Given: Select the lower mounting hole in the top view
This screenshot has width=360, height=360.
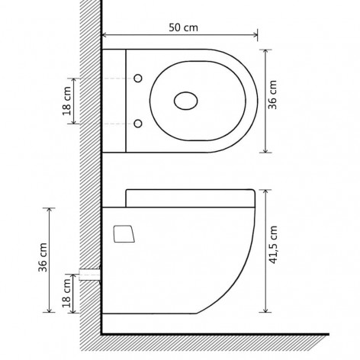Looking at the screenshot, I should pos(137,124).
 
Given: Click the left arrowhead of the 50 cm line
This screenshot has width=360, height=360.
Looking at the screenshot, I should pos(104,35).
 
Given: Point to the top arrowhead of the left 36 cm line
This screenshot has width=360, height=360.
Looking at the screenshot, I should pos(51,208).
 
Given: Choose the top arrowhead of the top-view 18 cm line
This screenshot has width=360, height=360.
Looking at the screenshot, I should pos(73,79).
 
